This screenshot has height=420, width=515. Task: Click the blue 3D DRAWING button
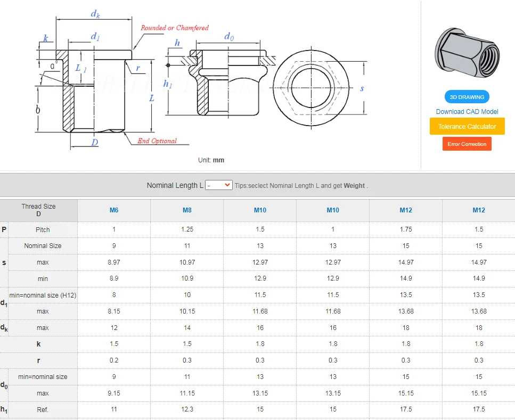(467, 97)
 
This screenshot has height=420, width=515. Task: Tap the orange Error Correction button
(467, 144)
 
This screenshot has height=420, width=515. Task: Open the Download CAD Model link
(467, 111)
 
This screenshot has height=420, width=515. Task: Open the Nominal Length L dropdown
(219, 185)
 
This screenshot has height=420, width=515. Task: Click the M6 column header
(114, 210)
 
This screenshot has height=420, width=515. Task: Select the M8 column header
(187, 210)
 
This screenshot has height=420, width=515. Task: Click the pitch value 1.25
(187, 229)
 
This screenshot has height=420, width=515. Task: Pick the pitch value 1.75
(406, 229)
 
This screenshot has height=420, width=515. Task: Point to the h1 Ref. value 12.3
(187, 409)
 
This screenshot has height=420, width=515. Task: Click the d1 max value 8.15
(114, 311)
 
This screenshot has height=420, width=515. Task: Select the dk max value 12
(114, 328)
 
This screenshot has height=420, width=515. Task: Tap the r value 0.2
(114, 360)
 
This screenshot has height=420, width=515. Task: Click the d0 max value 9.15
(114, 393)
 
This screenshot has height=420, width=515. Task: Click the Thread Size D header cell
(38, 210)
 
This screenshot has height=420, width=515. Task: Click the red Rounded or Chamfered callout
(174, 28)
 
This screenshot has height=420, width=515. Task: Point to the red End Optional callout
(157, 141)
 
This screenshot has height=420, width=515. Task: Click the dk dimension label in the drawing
(95, 14)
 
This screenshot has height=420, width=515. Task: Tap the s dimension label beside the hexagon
(362, 88)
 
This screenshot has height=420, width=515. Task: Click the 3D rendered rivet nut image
(467, 53)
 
